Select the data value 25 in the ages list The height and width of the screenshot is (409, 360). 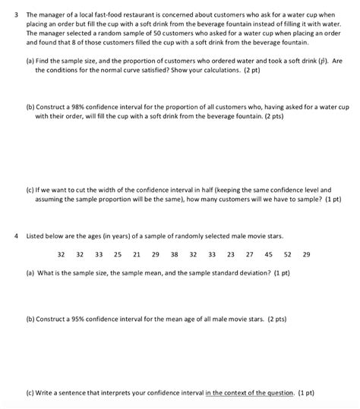118,255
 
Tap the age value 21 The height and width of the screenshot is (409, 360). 137,255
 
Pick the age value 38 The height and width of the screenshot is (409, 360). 175,255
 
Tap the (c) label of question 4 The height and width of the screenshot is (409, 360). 30,393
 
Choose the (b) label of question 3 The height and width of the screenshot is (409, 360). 30,109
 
